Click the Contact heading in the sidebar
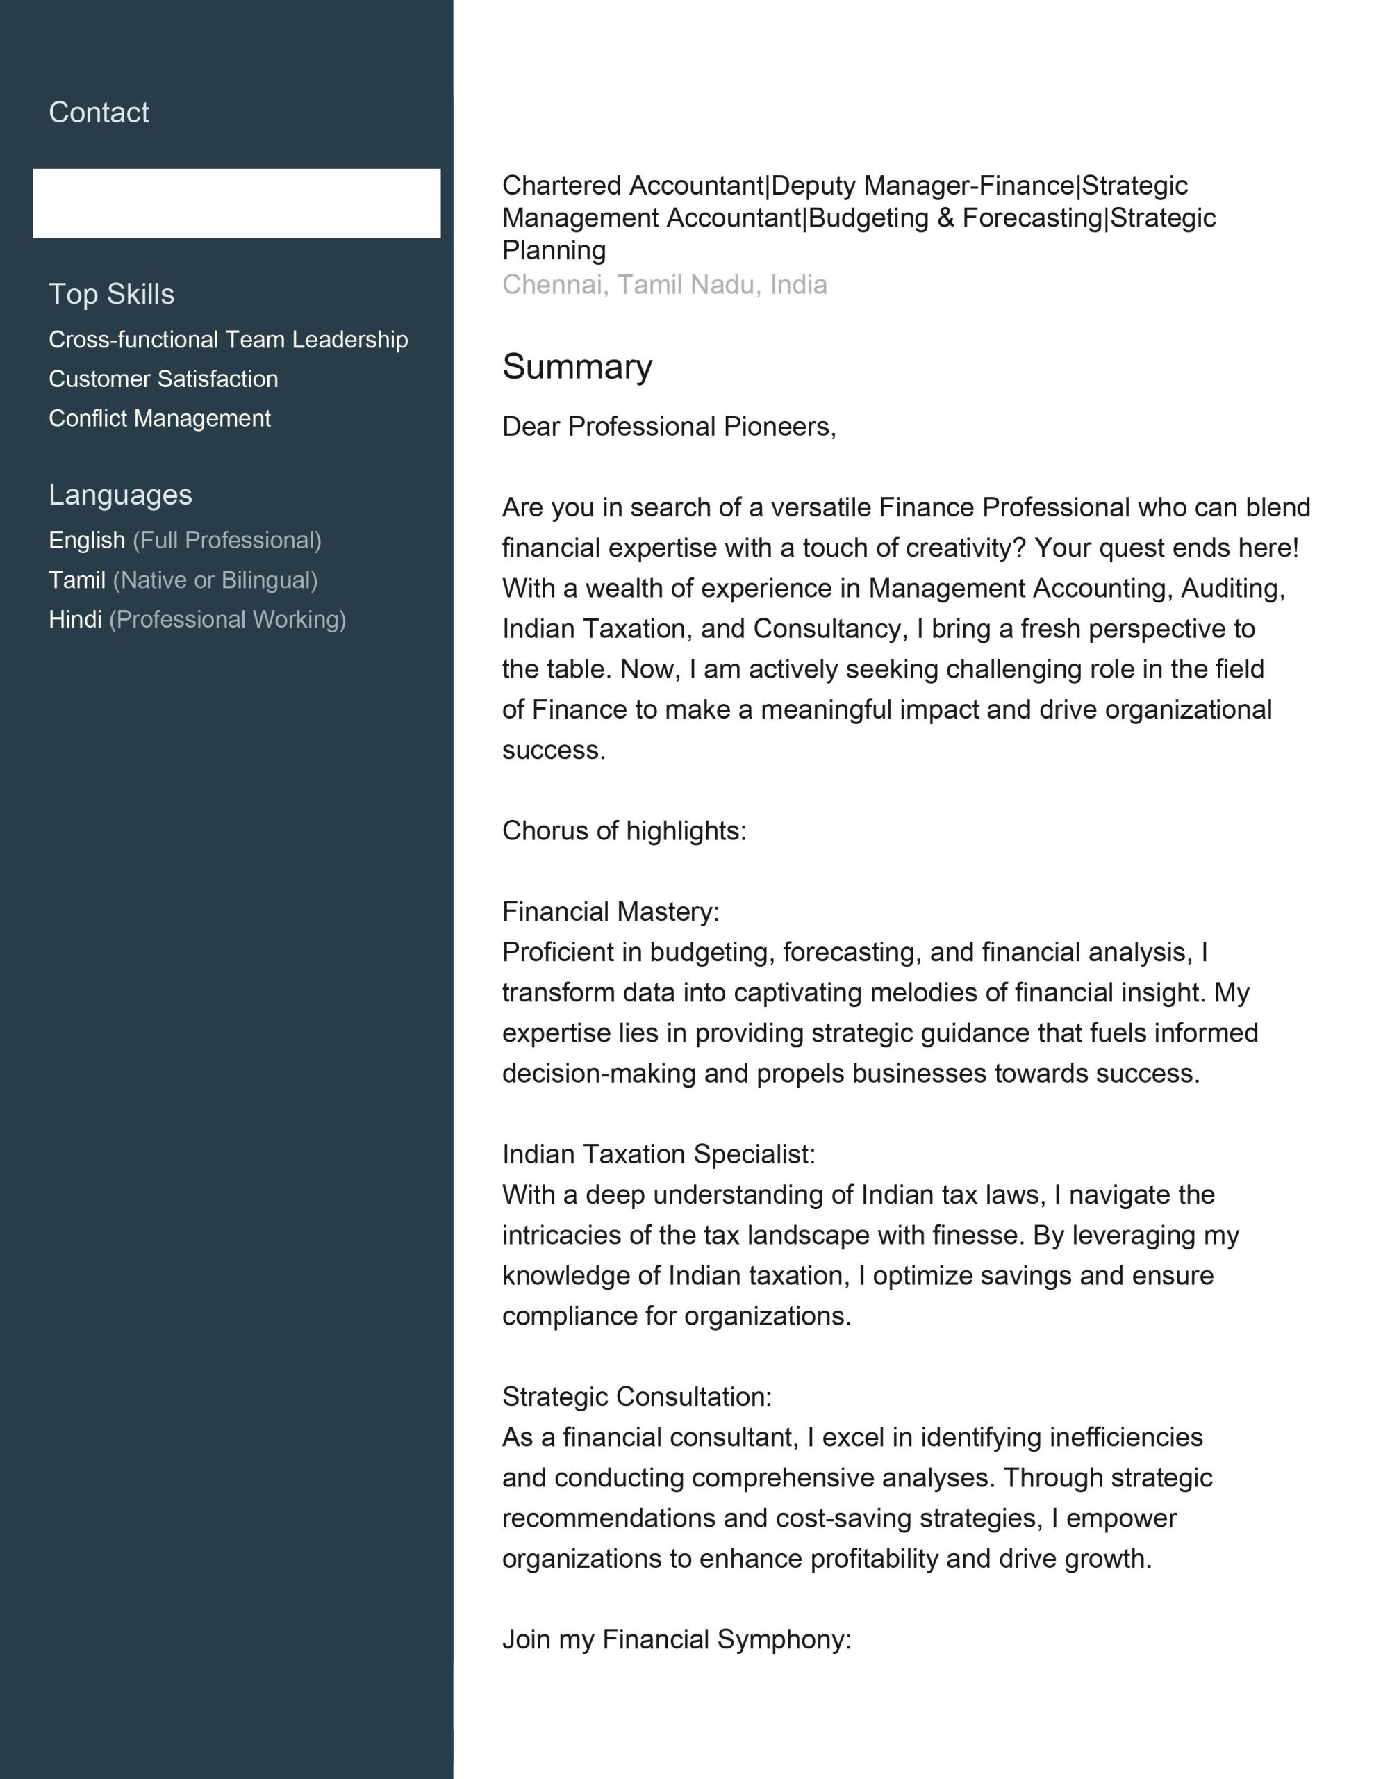99,113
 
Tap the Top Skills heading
112,294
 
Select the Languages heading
121,495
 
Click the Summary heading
577,366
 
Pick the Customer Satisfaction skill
163,379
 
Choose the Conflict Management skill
160,418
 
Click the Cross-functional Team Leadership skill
228,340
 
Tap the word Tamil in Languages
76,580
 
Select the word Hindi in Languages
75,619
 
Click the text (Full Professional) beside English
227,540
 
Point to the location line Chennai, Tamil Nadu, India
665,284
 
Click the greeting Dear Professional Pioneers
669,426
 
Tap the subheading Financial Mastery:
611,912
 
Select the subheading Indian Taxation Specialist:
658,1154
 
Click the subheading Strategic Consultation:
637,1396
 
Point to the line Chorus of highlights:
624,831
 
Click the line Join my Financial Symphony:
676,1639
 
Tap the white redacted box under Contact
236,204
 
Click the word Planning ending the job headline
554,250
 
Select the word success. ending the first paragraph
554,751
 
